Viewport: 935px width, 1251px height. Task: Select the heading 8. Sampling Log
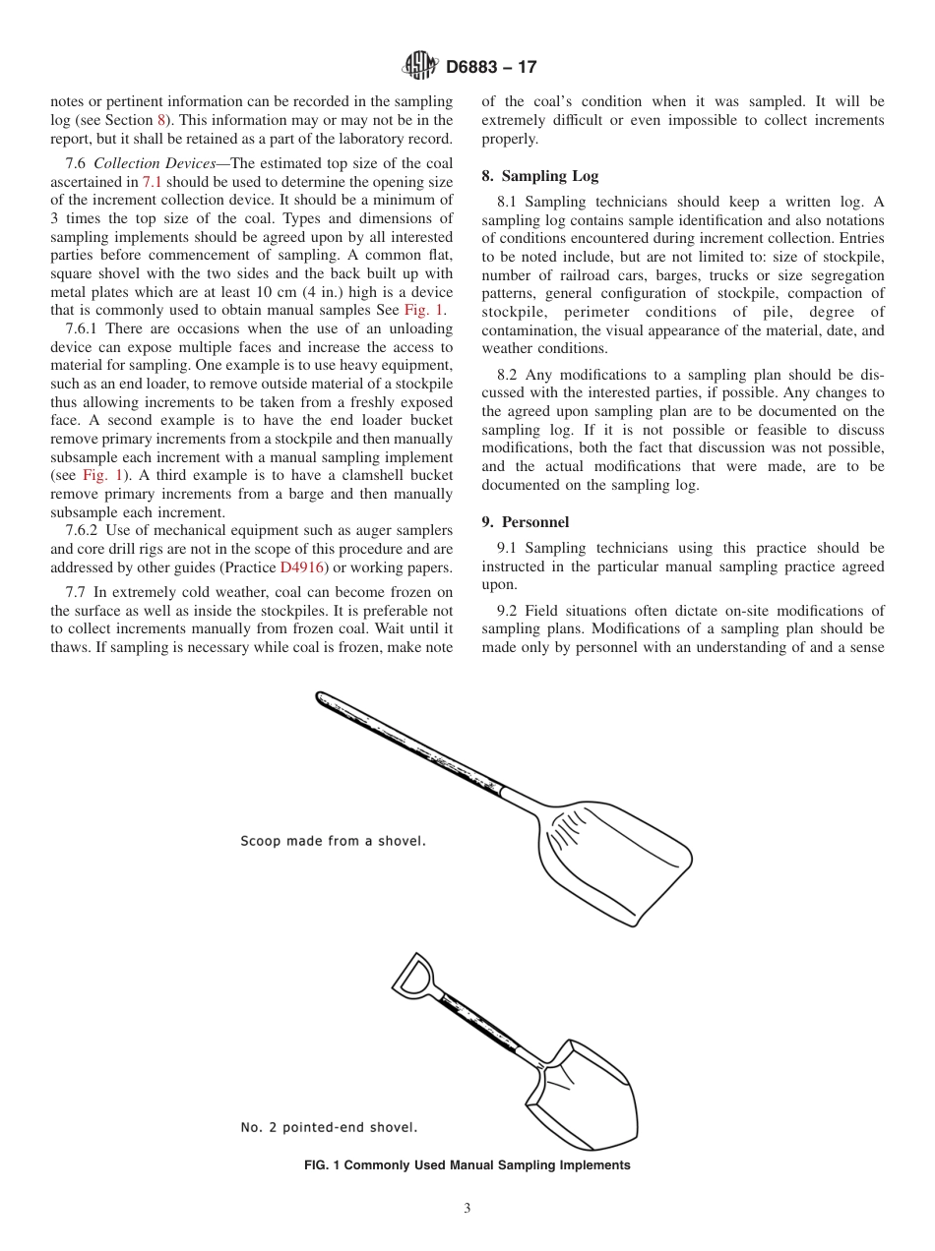[x=539, y=176]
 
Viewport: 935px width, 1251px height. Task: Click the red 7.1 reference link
[x=153, y=182]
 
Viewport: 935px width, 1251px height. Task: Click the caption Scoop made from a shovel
[x=333, y=841]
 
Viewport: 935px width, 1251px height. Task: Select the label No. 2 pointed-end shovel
[x=329, y=1127]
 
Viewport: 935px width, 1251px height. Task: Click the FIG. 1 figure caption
[x=467, y=1165]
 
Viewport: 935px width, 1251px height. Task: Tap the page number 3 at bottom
[x=467, y=1209]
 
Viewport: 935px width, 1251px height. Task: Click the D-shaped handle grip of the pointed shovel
[x=412, y=975]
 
